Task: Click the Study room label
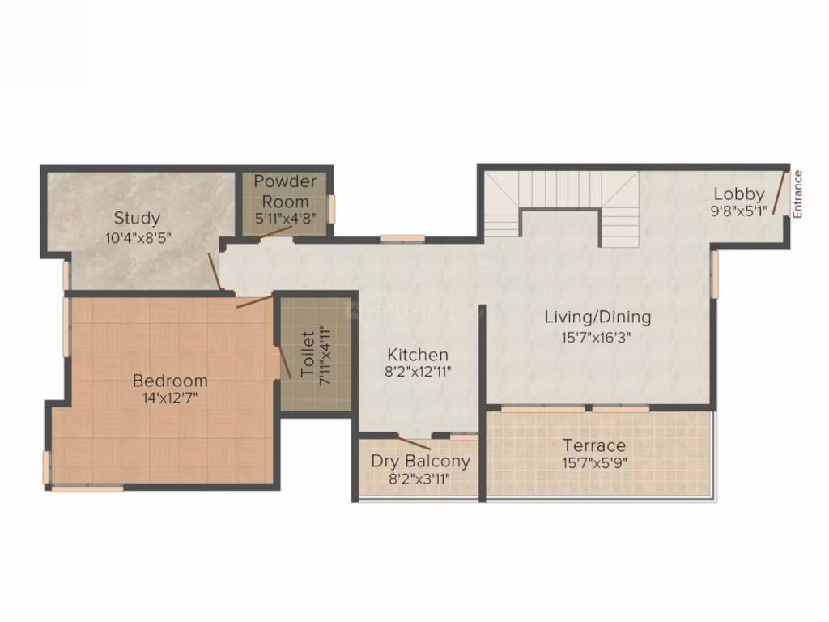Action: tap(137, 218)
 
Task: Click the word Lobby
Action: tap(738, 194)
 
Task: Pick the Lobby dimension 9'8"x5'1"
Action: tap(738, 211)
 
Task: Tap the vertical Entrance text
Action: tap(797, 194)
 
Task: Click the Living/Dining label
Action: tap(597, 317)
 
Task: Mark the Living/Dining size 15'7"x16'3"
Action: tap(597, 337)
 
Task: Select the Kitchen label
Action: tap(417, 355)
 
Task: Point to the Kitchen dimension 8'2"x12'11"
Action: tap(417, 373)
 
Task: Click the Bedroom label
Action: tap(170, 381)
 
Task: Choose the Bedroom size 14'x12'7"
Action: tap(170, 398)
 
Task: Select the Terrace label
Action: tap(595, 445)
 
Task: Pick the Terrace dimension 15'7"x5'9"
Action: tap(595, 464)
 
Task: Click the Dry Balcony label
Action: tap(420, 462)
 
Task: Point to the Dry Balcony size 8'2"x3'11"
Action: tap(420, 479)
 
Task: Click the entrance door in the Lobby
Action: tap(780, 191)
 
